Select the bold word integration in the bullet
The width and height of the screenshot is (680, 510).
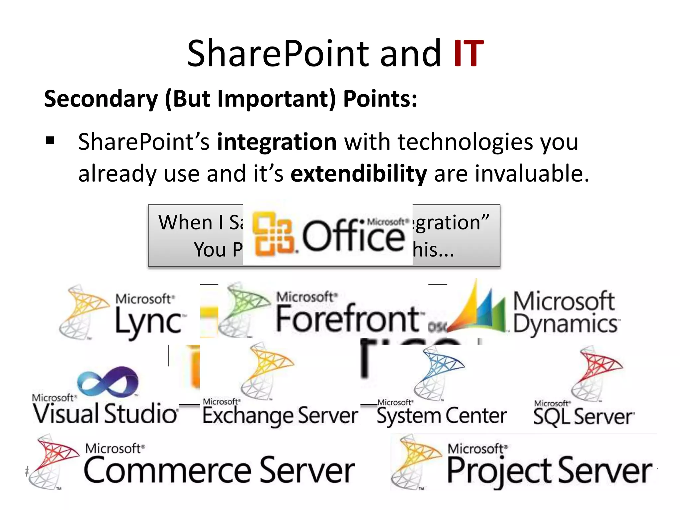tap(277, 142)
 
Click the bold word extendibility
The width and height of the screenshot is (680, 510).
tap(359, 174)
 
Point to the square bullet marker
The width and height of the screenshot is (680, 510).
tap(50, 141)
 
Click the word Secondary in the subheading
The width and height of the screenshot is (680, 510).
tap(101, 99)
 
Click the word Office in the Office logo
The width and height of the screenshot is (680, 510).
tap(353, 236)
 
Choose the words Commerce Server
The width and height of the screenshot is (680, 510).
tap(219, 470)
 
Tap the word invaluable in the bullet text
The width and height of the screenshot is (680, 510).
tap(528, 174)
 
